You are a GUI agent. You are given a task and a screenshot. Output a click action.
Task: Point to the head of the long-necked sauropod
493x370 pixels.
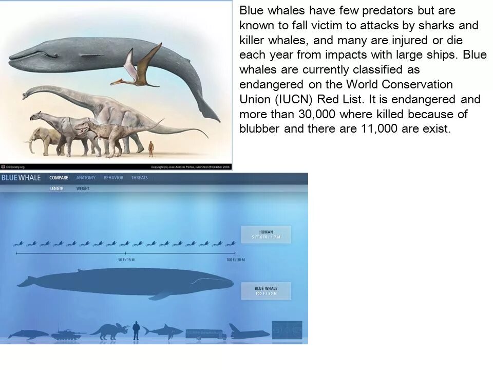coord(28,94)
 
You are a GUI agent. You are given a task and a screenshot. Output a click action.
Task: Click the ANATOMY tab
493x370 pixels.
coord(86,178)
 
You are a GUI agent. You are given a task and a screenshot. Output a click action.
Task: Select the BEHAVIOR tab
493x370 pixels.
coord(113,178)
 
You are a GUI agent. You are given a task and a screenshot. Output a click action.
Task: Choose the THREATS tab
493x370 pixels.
coord(139,178)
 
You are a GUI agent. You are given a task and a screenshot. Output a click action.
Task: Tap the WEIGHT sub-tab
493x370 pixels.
coord(83,189)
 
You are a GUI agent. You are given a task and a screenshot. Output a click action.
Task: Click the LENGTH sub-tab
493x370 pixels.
coord(57,189)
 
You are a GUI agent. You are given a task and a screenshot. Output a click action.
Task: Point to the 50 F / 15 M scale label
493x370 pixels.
coord(126,260)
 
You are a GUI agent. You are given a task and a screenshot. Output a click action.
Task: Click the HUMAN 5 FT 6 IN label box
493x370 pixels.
coord(266,234)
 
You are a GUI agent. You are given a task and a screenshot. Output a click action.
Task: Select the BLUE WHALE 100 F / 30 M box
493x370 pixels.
coord(266,291)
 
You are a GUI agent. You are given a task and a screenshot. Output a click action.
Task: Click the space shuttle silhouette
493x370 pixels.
coord(250,332)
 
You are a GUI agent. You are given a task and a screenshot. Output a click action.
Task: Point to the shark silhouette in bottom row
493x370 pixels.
coord(163,330)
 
